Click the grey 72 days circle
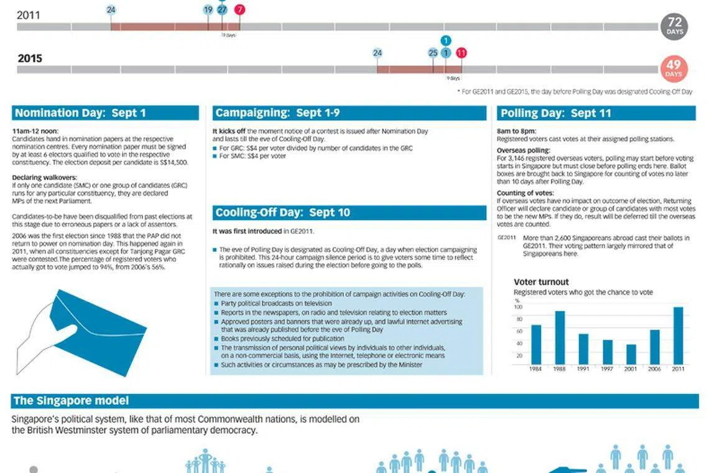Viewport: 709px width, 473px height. pos(674,27)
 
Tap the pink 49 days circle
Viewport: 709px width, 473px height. pos(674,68)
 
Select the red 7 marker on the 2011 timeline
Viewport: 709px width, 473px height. pos(240,10)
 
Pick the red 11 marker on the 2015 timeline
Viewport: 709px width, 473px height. pos(461,53)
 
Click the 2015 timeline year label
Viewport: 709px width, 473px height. pos(30,59)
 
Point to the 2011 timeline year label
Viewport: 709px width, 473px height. pos(29,15)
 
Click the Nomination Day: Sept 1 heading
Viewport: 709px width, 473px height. pos(80,113)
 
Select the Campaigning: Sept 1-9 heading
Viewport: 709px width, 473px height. pos(277,113)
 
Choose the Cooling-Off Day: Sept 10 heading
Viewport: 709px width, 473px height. pos(282,213)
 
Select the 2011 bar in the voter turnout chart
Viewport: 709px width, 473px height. pos(678,335)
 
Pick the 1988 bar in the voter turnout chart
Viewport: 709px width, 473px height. pos(560,337)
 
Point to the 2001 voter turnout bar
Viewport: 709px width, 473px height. pos(631,354)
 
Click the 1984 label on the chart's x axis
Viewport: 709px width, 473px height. pos(535,369)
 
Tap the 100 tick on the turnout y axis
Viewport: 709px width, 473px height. pos(519,307)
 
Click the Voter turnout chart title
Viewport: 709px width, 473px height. pos(541,282)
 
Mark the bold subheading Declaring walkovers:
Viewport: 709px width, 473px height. pos(42,178)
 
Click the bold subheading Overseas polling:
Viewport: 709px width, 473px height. pos(524,151)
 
